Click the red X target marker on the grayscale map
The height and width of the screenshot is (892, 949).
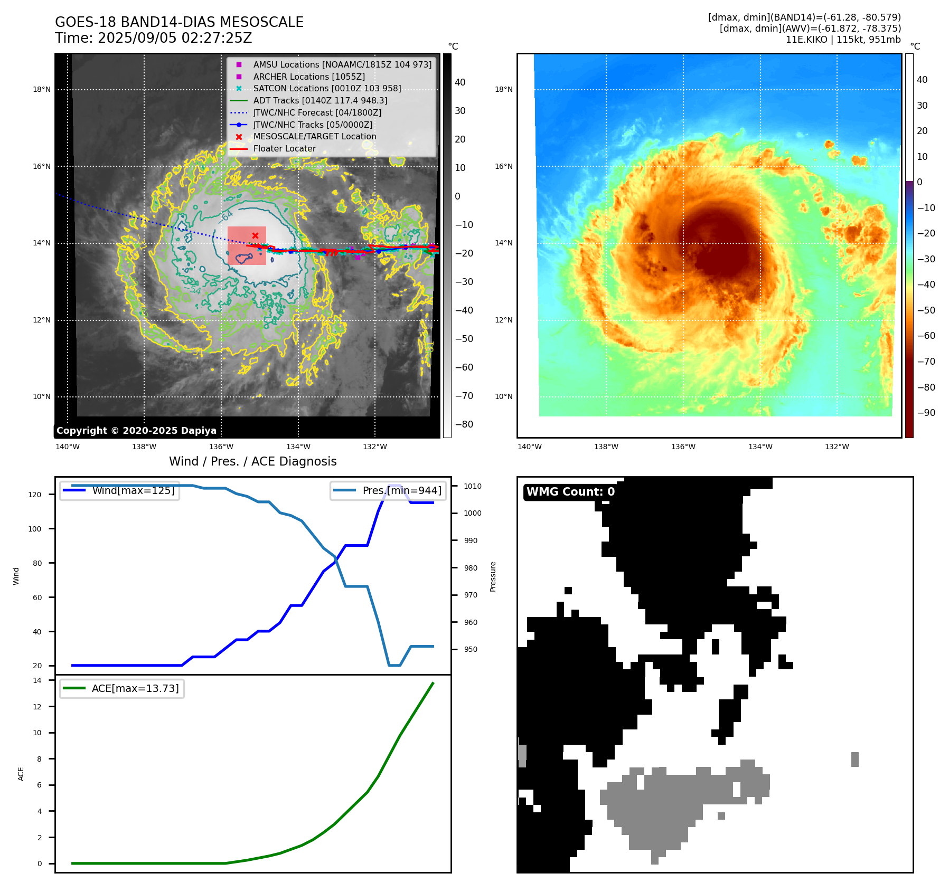(255, 235)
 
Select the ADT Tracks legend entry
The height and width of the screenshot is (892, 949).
(320, 100)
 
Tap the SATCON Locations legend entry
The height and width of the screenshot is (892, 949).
(327, 88)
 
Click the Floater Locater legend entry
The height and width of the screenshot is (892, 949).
(284, 148)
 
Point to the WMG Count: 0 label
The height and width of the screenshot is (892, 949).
(570, 492)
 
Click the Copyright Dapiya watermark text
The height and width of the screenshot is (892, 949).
(136, 431)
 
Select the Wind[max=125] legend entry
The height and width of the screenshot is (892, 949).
(133, 490)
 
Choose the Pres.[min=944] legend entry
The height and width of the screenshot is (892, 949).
(401, 490)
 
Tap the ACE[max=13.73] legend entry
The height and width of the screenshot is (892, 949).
(135, 688)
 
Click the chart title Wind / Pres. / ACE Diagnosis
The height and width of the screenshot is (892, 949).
(252, 461)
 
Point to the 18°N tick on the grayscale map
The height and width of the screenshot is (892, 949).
(42, 90)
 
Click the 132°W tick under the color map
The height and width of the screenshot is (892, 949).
(837, 447)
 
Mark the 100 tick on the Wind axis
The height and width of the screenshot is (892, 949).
(35, 529)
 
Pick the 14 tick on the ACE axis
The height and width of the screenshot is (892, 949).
(37, 680)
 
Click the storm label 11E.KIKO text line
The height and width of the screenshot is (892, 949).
(843, 40)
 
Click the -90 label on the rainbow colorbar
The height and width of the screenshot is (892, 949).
(926, 413)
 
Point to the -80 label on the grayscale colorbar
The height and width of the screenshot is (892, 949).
(464, 424)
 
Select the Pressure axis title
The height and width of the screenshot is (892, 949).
(493, 576)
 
